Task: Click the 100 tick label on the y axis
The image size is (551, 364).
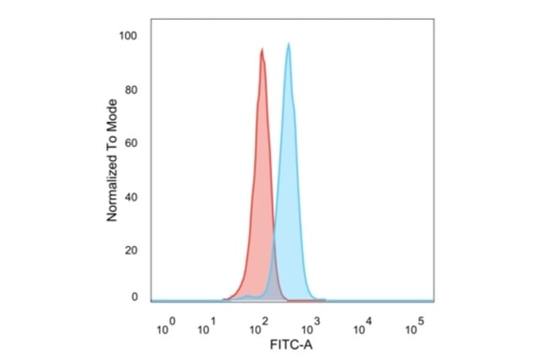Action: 128,36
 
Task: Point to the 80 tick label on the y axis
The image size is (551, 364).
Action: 130,90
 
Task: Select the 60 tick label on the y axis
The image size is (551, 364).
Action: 130,143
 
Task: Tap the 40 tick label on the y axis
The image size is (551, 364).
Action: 130,197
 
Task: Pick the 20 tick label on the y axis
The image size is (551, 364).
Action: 130,250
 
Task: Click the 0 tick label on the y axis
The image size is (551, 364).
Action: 134,297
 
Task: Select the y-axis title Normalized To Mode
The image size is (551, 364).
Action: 112,160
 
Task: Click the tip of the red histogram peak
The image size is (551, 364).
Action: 262,50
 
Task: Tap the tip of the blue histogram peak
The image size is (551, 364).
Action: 288,44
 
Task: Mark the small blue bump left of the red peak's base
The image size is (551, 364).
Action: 247,297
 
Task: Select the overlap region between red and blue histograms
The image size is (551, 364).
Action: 272,279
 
